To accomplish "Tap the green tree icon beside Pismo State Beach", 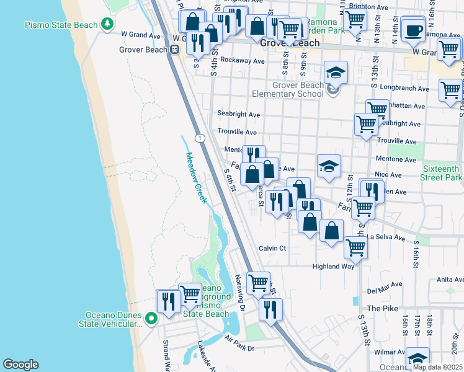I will (109, 24).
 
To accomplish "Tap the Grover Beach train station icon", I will (176, 50).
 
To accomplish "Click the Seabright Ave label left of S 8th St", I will (238, 114).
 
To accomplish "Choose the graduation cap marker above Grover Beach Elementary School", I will (336, 73).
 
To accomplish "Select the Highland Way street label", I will (332, 267).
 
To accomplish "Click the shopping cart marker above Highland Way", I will (355, 247).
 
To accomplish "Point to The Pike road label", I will (381, 308).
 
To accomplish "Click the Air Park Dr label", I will (240, 343).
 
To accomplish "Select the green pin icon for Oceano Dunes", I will (152, 314).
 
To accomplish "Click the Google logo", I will (20, 365).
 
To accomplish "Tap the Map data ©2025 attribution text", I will (437, 367).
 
